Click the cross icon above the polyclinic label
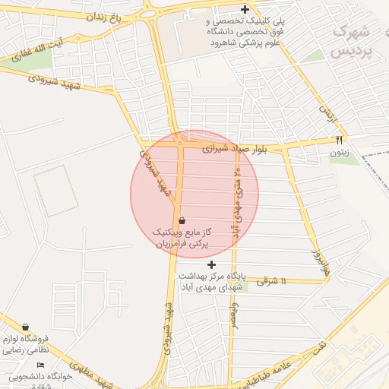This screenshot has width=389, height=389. (x=245, y=10)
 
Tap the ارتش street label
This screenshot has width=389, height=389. (x=326, y=114)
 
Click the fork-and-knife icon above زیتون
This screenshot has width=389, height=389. (x=339, y=140)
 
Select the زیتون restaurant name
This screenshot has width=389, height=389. (x=339, y=153)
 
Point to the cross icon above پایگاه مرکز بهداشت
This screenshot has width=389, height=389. (x=212, y=264)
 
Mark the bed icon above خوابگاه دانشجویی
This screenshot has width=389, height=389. (x=40, y=365)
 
